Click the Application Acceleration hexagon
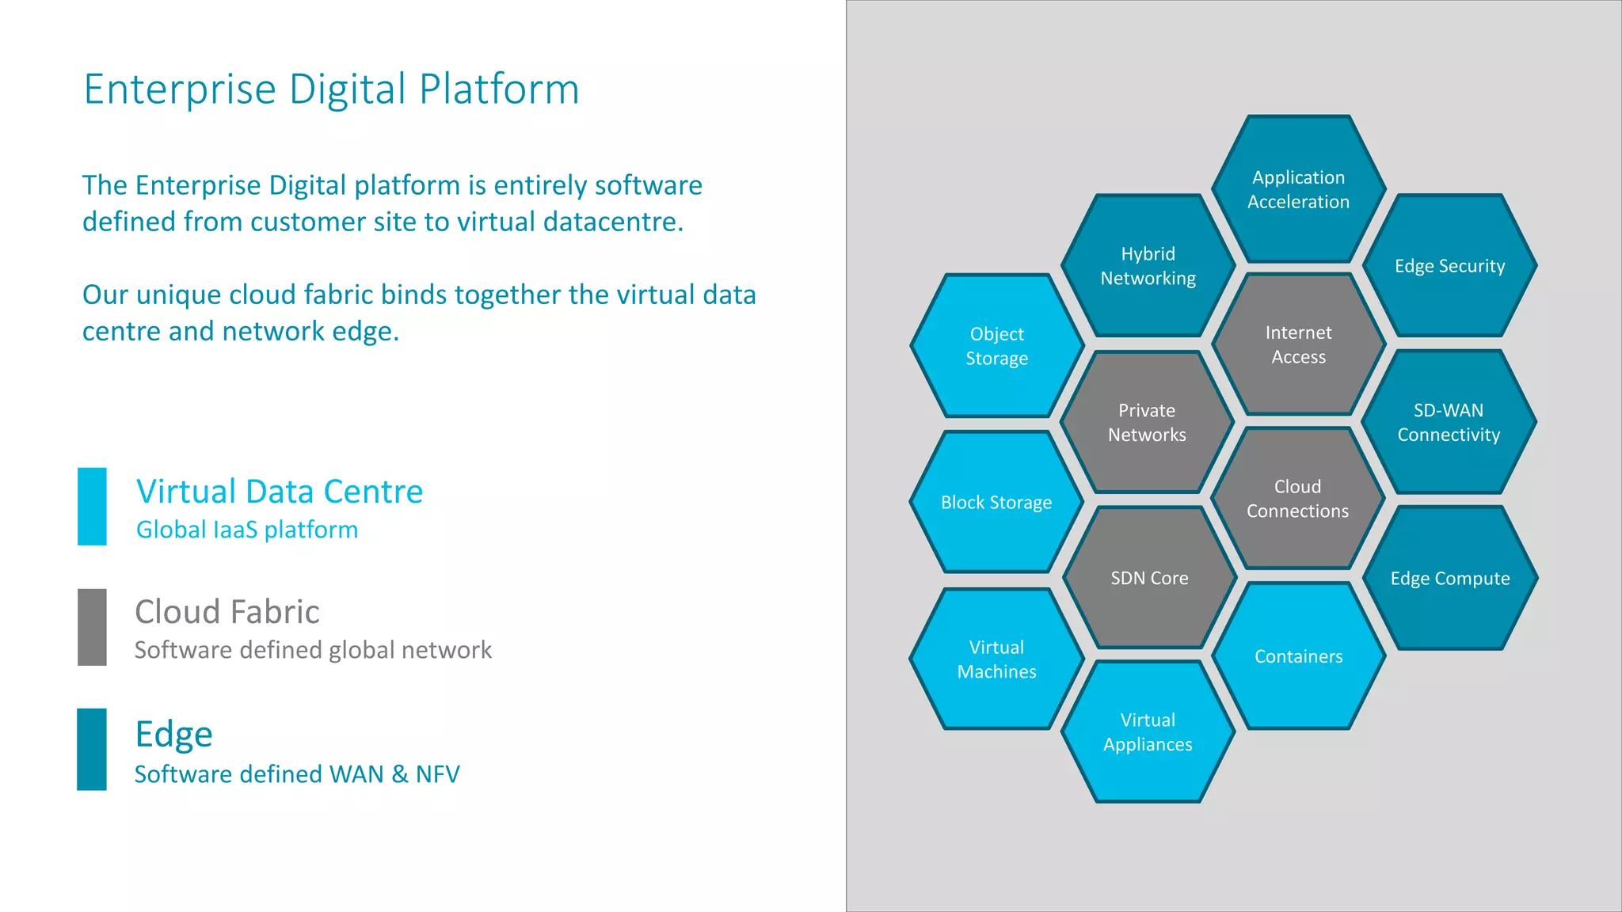[x=1298, y=189]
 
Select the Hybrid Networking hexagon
[x=1148, y=266]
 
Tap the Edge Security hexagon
[x=1449, y=266]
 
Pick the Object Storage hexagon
[x=996, y=346]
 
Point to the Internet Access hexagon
[x=1298, y=344]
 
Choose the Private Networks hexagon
[x=1147, y=422]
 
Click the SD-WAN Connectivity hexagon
[x=1449, y=422]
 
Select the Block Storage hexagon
[x=996, y=502]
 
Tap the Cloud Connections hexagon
[x=1297, y=499]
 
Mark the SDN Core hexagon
[x=1149, y=578]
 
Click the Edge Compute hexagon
[x=1450, y=578]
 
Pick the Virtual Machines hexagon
[x=996, y=659]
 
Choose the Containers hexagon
[x=1298, y=656]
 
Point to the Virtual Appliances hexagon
[x=1148, y=732]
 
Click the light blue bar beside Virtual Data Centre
[x=92, y=507]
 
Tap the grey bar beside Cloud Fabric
[x=92, y=627]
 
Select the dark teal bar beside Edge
[x=92, y=749]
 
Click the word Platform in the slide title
[x=499, y=89]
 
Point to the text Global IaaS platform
[x=247, y=530]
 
